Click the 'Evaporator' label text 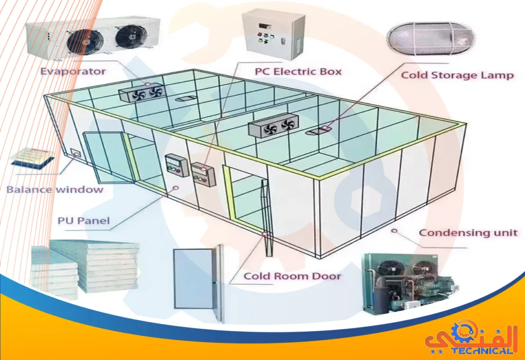tap(73, 71)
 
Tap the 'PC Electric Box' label tap(298, 71)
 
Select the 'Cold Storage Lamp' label tap(457, 75)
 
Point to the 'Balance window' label tap(54, 189)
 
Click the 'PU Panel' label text tap(83, 222)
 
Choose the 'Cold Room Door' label tap(292, 276)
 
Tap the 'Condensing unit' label tap(468, 233)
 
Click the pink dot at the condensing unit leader tap(394, 231)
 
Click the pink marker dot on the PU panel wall tap(175, 188)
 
